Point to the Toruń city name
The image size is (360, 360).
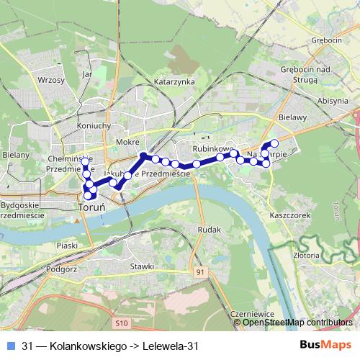click(91, 207)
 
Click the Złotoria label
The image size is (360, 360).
click(307, 254)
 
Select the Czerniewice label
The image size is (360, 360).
click(250, 315)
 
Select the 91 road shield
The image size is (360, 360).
click(200, 271)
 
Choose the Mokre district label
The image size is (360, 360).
click(126, 143)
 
